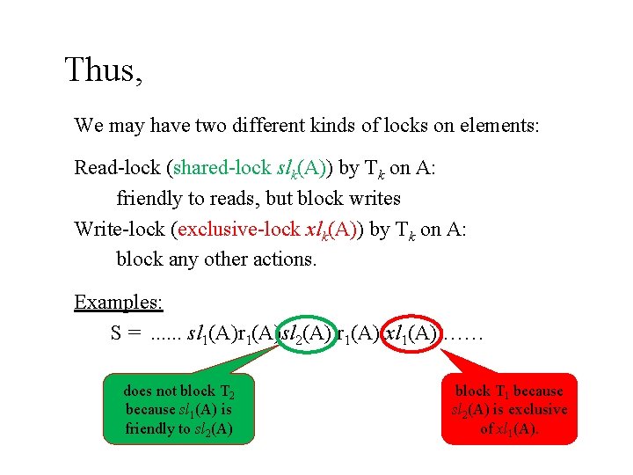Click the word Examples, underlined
119,303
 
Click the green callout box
178,409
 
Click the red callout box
509,409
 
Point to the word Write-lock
121,230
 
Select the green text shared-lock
220,166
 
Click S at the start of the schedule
117,334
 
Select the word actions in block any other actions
286,259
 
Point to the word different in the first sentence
249,125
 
